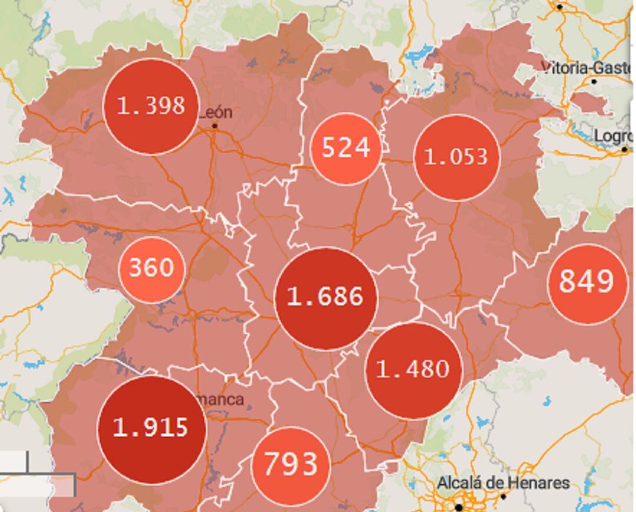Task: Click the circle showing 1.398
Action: click(x=151, y=107)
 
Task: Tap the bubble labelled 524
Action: click(x=346, y=148)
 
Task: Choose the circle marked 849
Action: click(x=587, y=283)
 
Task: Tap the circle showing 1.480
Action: click(x=413, y=370)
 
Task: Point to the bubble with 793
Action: click(x=290, y=465)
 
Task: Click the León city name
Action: click(x=216, y=113)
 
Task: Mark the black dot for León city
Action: click(x=215, y=126)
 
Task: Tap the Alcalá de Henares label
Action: click(x=503, y=483)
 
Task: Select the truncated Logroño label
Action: click(x=612, y=136)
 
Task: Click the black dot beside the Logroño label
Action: click(x=625, y=150)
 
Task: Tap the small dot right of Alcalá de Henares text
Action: click(x=503, y=497)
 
